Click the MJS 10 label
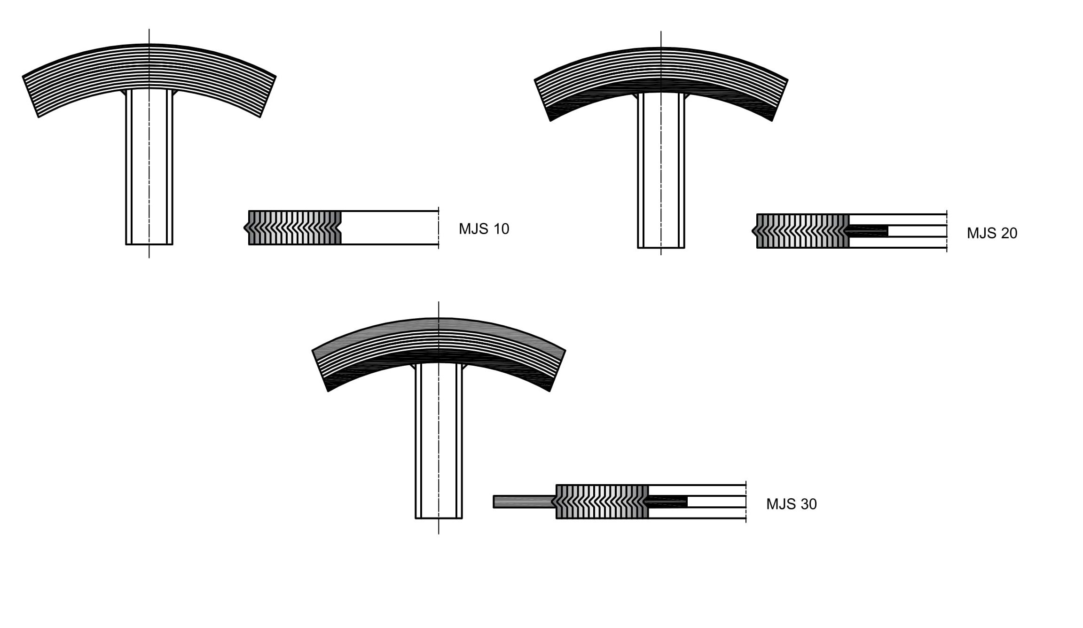pos(484,229)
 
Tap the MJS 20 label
pos(992,233)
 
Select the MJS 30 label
pos(791,504)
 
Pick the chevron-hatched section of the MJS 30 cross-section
pos(602,502)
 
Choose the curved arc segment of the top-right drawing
pos(661,66)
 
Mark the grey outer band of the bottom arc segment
pos(439,324)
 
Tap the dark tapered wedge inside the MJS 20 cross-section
pos(868,231)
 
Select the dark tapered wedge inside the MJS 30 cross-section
pos(667,502)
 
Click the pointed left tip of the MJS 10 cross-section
pos(246,228)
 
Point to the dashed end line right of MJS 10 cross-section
pos(439,228)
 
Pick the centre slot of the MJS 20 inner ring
pos(917,231)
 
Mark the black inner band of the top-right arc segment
pos(661,85)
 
